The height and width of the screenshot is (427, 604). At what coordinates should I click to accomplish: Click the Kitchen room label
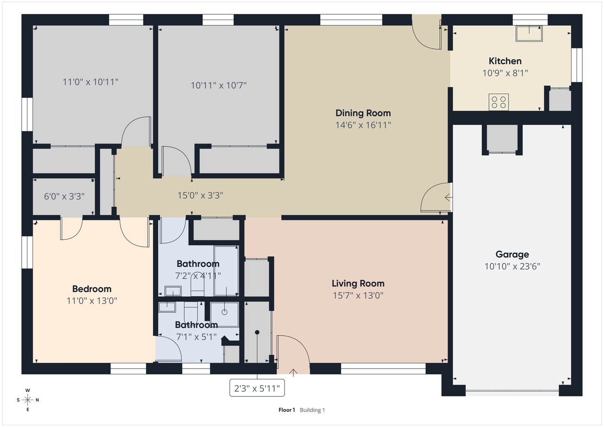505,61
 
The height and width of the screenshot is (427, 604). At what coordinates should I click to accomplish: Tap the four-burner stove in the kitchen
499,102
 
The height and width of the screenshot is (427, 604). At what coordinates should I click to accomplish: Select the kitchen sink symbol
529,33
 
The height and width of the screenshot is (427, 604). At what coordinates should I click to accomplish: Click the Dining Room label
363,113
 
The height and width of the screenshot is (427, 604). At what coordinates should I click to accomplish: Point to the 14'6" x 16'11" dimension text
363,125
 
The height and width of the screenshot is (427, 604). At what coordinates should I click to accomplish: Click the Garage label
512,254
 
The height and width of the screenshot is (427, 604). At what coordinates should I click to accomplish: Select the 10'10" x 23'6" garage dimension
512,266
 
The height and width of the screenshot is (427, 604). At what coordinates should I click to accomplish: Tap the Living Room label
358,283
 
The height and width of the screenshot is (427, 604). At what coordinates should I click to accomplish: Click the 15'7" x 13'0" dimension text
358,295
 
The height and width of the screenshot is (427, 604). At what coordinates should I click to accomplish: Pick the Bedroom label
92,289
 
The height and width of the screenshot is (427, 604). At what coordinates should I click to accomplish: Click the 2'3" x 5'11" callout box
257,388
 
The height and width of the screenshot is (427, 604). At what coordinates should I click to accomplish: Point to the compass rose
27,400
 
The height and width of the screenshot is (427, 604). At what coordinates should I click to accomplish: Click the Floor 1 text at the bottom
286,410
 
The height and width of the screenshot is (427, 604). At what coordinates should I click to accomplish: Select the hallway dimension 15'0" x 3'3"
200,195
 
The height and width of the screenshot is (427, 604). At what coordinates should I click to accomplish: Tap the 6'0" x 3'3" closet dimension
64,196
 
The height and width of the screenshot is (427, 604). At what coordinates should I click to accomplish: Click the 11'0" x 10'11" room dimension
90,82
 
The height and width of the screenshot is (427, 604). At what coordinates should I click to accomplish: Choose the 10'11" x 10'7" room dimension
218,85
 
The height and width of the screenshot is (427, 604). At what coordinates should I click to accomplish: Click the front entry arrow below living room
293,373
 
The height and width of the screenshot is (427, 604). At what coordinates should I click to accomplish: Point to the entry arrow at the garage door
448,198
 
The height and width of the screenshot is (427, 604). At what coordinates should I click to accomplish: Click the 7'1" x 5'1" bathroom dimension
196,337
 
